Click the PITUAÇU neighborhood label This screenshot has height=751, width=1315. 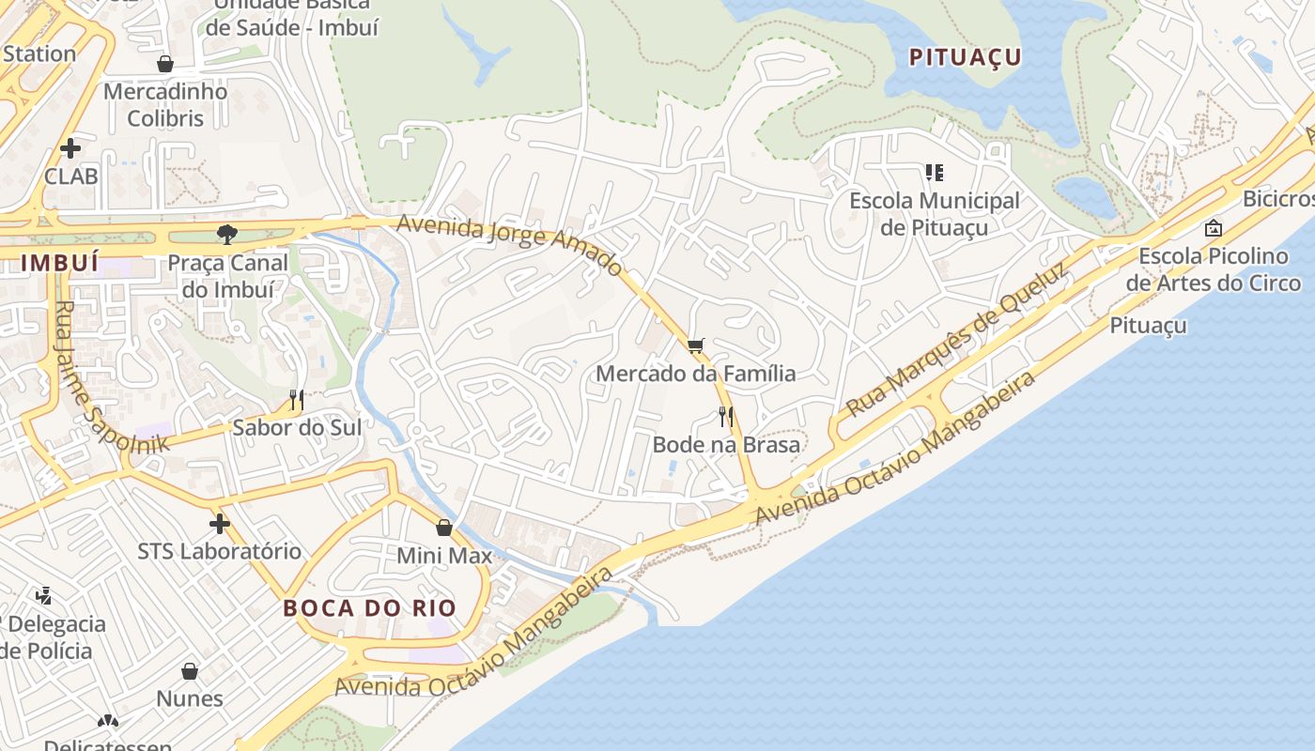tap(965, 57)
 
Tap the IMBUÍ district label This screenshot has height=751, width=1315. tap(59, 263)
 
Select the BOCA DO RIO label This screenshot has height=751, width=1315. tap(369, 607)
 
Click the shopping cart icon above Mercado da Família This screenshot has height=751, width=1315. tap(695, 346)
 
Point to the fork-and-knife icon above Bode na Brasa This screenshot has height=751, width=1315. tap(725, 416)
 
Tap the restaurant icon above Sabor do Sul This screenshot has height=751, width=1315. tap(296, 400)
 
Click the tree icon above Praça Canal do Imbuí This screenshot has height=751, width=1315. tap(226, 235)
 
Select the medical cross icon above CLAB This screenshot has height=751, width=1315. tap(70, 148)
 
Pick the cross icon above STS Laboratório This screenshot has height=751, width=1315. tap(220, 523)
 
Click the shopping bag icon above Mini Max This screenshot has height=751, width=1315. tap(444, 528)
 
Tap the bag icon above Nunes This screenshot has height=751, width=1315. tap(190, 671)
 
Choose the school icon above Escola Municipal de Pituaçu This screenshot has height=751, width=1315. tap(934, 172)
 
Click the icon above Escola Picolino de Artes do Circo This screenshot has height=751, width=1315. tap(1214, 227)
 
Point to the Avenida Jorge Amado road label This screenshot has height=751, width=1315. tap(508, 244)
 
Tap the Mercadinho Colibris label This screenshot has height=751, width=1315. tap(165, 105)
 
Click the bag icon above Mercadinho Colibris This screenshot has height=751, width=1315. tap(165, 64)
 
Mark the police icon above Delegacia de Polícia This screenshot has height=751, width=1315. tap(43, 595)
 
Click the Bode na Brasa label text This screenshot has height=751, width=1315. tap(726, 444)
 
